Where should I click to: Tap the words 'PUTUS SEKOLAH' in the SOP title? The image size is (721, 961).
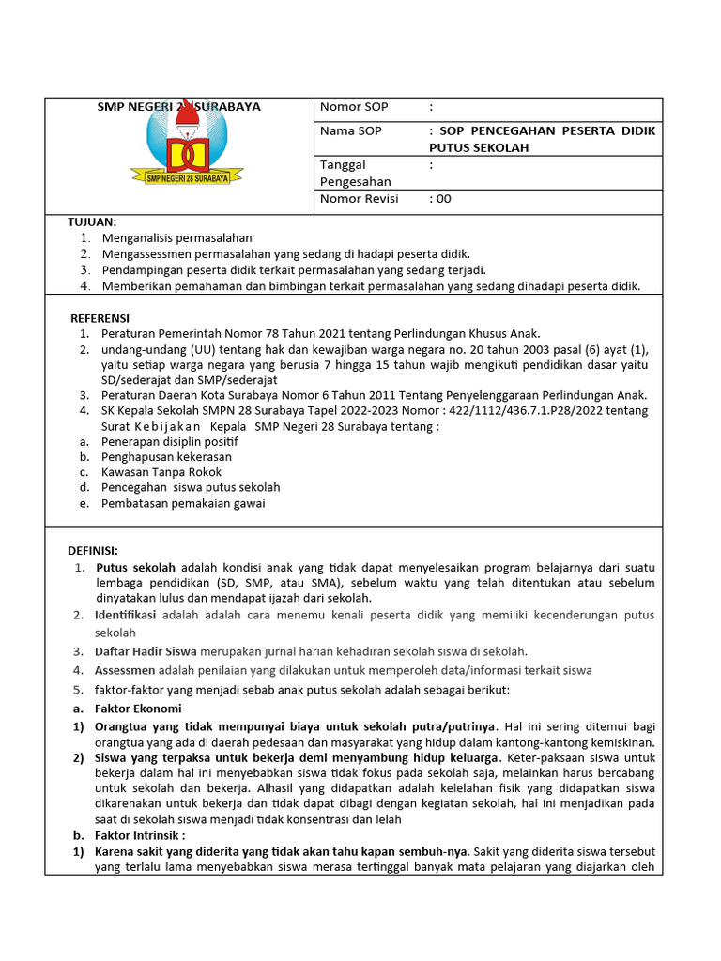coord(479,147)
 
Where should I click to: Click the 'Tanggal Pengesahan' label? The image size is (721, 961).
coord(356,173)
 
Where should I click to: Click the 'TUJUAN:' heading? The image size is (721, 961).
coord(92,221)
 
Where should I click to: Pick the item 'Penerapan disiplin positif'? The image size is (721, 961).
coord(170,441)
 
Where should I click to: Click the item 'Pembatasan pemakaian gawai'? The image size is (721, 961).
coord(183,503)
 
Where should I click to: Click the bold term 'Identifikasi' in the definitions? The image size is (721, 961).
coord(127,615)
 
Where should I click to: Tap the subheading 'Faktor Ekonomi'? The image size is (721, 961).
coord(138,709)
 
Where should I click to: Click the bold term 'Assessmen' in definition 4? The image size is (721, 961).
coord(125,670)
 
